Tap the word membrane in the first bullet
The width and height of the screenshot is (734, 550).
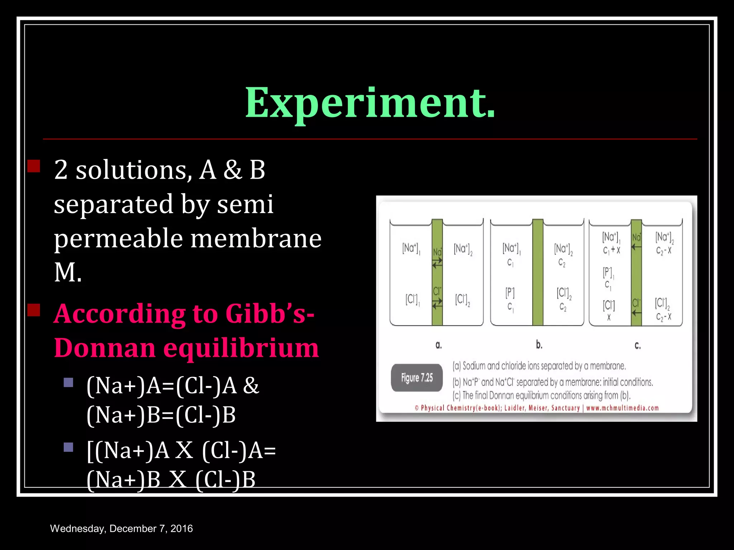256,239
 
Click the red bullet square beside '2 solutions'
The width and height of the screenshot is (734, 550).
34,167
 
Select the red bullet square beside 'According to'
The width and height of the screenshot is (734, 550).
34,310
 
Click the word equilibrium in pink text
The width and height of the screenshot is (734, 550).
241,348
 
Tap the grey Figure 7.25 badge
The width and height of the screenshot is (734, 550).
417,378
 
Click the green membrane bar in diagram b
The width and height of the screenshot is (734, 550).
538,272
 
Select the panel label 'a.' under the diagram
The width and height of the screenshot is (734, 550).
439,345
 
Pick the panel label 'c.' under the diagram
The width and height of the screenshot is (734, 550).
638,346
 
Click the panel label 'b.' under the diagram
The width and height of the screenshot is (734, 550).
539,345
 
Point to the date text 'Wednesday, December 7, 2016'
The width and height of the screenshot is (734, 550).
121,529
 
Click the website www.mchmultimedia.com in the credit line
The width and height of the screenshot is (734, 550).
623,408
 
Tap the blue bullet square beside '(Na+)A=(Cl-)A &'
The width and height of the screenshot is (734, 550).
68,383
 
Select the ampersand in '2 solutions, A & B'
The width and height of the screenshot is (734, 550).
233,170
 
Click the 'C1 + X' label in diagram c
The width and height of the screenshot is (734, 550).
611,250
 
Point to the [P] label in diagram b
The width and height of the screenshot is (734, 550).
510,293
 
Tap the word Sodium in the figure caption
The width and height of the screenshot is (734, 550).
474,366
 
